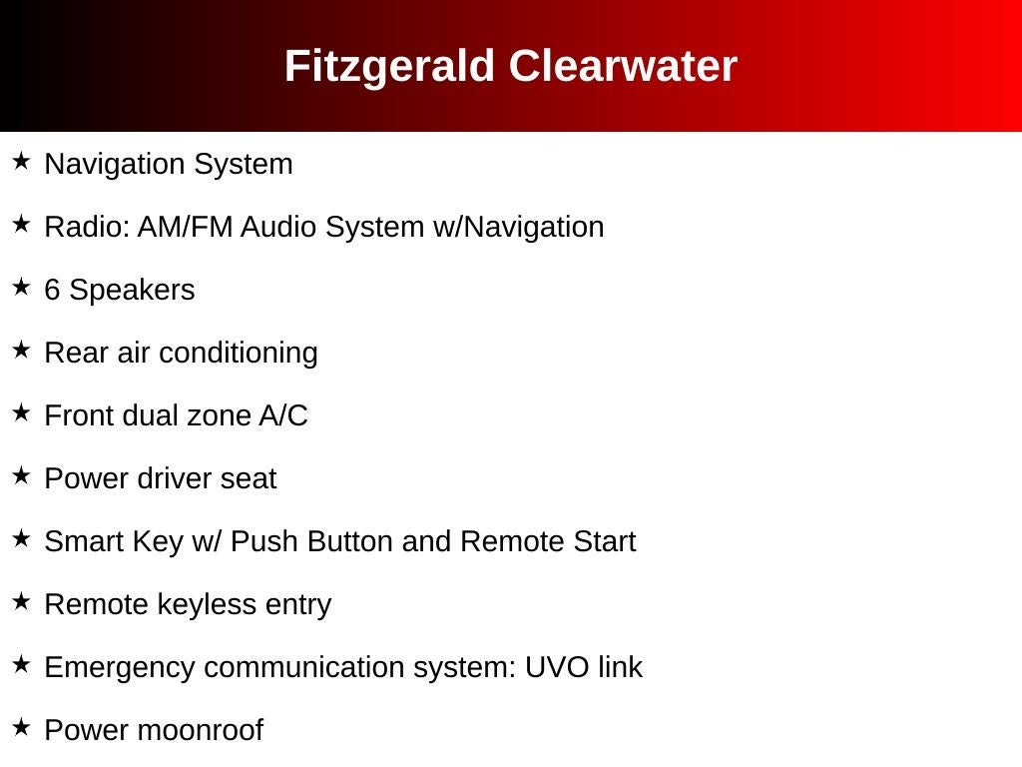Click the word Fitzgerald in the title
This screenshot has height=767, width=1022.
[389, 67]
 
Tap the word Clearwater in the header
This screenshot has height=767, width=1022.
[623, 66]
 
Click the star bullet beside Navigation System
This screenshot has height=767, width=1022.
[22, 161]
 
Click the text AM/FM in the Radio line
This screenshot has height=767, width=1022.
[185, 227]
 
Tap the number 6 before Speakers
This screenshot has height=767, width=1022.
[52, 290]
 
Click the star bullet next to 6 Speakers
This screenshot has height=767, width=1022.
[22, 287]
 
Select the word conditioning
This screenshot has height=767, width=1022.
[238, 354]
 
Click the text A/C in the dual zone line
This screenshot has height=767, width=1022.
[283, 415]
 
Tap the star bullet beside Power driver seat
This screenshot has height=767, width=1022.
[22, 475]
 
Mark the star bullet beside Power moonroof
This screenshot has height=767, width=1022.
[22, 727]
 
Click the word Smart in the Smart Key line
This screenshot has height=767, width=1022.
[81, 541]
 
